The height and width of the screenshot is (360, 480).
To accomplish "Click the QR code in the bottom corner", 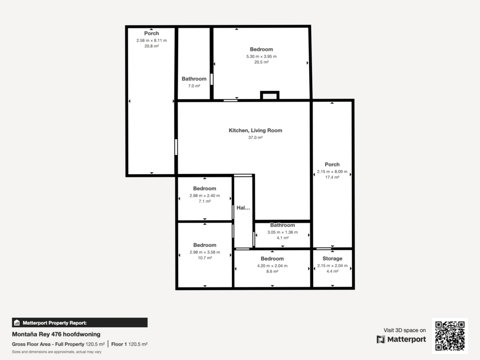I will click(450, 336).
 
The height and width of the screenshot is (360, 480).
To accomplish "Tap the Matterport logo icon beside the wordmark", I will click(381, 339).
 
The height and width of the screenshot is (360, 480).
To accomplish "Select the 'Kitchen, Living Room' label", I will click(255, 130).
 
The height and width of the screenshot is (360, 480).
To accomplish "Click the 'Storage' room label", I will click(332, 259).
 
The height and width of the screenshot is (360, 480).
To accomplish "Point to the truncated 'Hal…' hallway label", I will click(243, 208).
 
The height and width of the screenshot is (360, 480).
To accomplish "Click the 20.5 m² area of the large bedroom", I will click(261, 62).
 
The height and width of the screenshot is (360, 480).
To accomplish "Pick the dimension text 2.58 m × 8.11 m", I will click(151, 40).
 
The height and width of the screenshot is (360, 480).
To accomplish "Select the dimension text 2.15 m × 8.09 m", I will click(332, 172).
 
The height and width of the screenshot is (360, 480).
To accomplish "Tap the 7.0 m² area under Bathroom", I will click(194, 86).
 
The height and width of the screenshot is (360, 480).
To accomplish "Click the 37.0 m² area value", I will click(255, 138).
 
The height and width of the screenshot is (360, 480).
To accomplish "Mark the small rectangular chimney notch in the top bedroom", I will click(270, 96).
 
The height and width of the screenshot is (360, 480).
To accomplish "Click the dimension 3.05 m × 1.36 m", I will click(282, 232).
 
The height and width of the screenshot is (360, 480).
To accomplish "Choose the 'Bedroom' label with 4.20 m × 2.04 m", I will click(272, 259).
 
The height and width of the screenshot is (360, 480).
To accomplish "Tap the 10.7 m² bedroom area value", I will click(205, 258).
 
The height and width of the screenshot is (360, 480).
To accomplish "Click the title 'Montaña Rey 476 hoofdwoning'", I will click(56, 334).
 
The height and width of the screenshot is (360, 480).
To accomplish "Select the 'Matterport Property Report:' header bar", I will click(79, 322).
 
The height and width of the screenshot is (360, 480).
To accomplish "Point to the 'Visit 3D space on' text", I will click(405, 330).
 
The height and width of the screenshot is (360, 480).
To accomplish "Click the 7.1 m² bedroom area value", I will click(205, 201).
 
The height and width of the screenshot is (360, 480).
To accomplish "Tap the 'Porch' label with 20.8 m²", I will click(151, 33).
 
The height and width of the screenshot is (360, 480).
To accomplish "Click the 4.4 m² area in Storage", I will click(332, 271).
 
